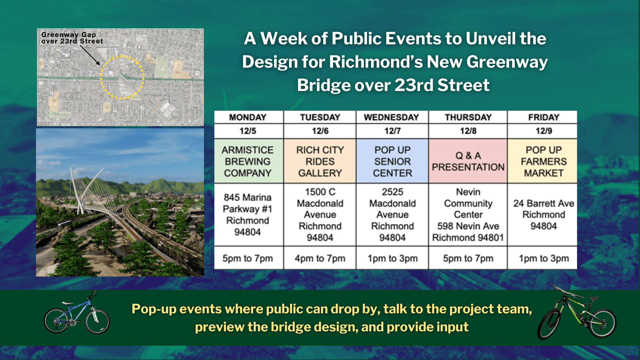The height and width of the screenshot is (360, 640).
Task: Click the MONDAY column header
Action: click(x=248, y=117)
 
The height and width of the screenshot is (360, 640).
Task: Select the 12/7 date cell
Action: click(x=392, y=131)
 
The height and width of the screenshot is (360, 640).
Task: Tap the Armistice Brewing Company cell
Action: click(x=248, y=161)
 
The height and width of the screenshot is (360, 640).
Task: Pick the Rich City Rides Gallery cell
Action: click(x=320, y=161)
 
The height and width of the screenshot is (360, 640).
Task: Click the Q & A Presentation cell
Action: click(x=468, y=161)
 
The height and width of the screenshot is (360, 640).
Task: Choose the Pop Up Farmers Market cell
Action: click(x=543, y=161)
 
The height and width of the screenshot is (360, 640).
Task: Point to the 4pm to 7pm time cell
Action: click(x=320, y=258)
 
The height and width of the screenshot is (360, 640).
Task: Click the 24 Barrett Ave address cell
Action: click(x=543, y=215)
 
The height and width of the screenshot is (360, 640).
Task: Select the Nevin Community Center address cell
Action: click(x=468, y=215)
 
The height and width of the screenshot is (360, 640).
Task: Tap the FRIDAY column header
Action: click(x=543, y=117)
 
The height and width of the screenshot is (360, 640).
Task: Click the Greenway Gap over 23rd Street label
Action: click(x=72, y=38)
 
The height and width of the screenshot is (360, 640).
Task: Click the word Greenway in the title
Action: click(x=507, y=62)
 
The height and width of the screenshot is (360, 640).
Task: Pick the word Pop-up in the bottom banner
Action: click(x=154, y=309)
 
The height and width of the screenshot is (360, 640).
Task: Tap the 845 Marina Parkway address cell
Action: click(x=248, y=215)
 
